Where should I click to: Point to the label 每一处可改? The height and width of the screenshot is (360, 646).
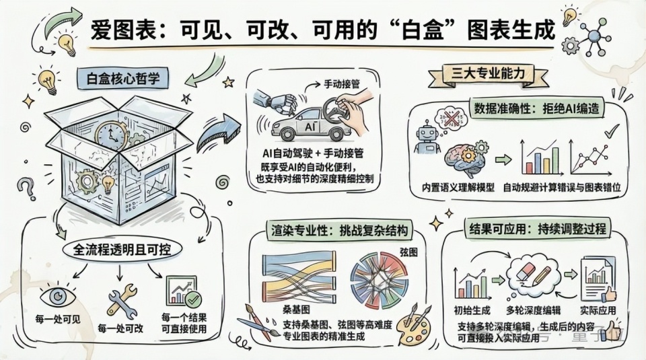coord(120,329)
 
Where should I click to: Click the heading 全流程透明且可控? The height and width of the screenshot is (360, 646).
coord(122,250)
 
